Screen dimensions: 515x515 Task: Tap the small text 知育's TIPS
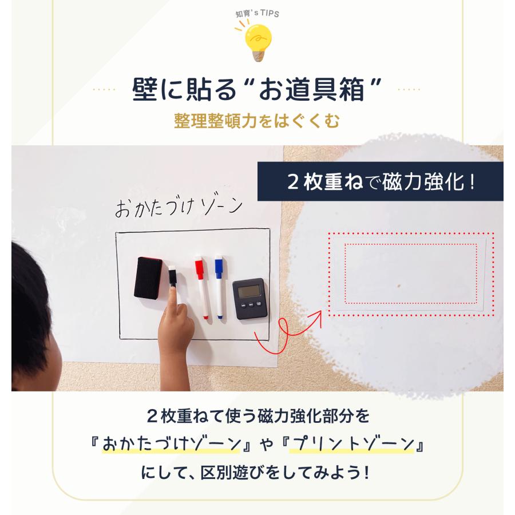click(x=257, y=13)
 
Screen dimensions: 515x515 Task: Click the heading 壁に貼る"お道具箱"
click(x=257, y=89)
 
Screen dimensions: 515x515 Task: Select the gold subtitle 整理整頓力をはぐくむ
click(x=257, y=121)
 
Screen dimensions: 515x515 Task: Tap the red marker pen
click(x=201, y=289)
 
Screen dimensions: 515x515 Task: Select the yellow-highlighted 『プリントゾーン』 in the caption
click(x=356, y=445)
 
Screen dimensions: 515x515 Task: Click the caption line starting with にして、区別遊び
click(x=257, y=474)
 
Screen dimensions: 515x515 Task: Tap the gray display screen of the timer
click(x=249, y=292)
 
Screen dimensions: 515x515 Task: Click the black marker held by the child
click(x=173, y=278)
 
